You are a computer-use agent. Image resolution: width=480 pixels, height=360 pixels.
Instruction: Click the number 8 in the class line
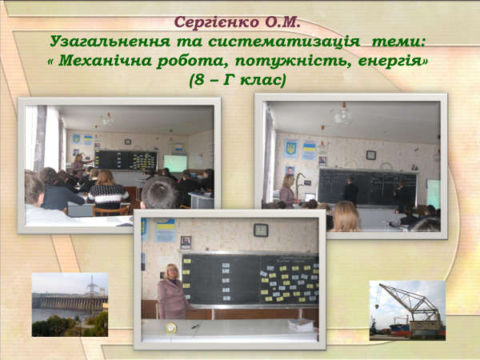click(x=199, y=80)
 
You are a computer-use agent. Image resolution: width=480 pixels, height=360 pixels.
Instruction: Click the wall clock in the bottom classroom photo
click(x=261, y=230)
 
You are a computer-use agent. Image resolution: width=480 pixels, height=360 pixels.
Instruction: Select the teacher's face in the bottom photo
click(x=171, y=271)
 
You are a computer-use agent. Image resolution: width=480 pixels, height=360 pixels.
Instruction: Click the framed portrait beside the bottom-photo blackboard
click(x=186, y=242)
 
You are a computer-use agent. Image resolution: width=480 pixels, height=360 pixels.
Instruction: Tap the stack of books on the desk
click(x=301, y=325)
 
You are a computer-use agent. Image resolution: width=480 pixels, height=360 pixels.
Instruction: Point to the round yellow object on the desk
click(x=171, y=328)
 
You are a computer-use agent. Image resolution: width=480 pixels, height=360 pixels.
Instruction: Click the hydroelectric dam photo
click(x=70, y=305)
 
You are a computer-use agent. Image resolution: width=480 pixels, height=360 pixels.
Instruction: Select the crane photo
click(x=407, y=310)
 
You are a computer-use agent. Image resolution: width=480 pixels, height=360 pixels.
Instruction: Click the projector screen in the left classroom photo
click(x=175, y=163)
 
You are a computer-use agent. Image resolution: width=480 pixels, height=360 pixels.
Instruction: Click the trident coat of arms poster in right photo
click(x=290, y=149)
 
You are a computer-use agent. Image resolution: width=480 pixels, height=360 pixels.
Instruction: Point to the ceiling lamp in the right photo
click(x=343, y=114)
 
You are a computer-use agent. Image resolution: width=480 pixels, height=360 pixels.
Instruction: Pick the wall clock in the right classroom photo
click(x=371, y=155)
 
